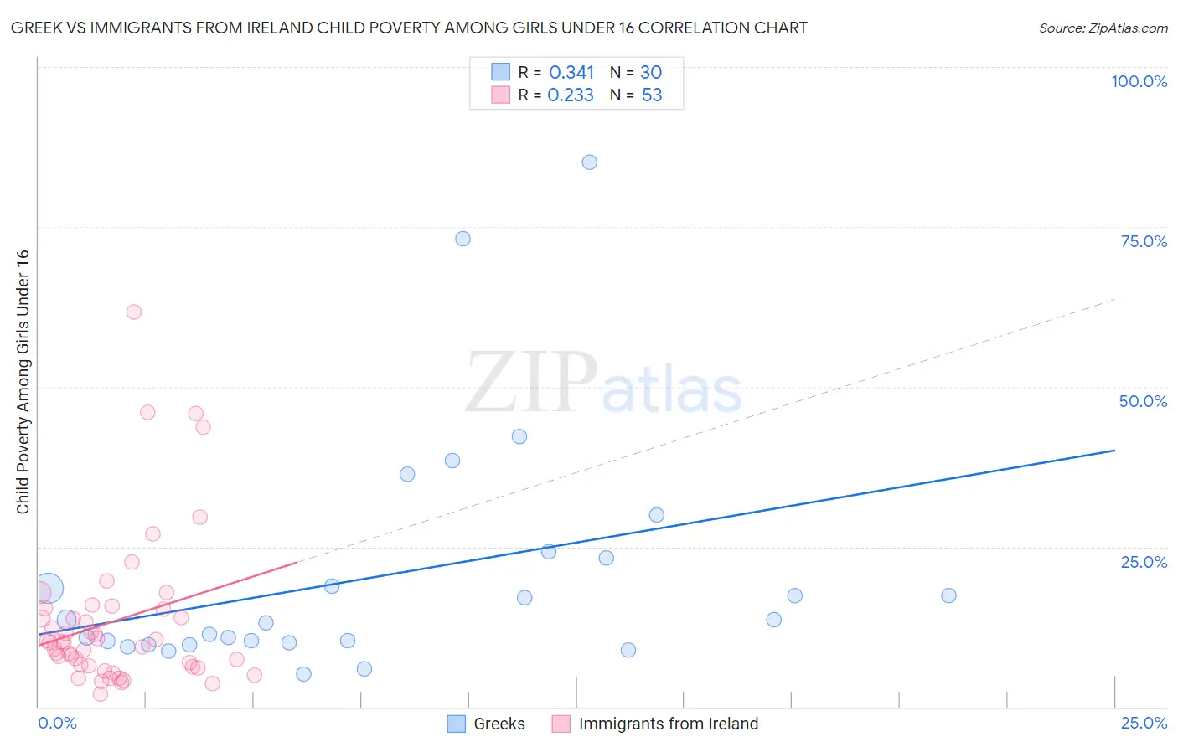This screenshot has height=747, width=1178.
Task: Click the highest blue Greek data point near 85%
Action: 589,162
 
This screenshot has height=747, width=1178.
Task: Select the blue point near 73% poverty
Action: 462,239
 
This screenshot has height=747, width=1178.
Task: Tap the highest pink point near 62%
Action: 133,312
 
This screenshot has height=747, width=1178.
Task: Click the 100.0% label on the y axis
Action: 1139,81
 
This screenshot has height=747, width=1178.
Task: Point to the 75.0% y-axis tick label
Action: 1144,241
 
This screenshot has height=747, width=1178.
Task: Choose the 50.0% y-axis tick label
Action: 1143,401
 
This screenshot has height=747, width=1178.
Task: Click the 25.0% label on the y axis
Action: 1144,561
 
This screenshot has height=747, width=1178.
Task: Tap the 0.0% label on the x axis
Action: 57,723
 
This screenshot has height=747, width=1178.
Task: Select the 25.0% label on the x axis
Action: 1144,723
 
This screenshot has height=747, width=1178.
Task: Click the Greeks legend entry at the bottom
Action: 499,724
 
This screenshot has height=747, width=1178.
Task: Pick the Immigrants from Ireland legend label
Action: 668,724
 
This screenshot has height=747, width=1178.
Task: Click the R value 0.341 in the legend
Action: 571,73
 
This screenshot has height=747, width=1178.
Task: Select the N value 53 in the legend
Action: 652,95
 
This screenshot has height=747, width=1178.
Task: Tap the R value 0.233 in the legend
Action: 571,95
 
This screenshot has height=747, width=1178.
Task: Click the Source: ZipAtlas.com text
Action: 1103,28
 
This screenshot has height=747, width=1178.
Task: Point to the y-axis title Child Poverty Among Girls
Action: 23,381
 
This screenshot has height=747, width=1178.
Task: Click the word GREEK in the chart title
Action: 36,28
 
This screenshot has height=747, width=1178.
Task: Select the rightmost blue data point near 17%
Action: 948,595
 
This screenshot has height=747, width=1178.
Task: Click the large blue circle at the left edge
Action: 48,589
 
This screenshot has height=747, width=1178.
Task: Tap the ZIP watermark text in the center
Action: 531,384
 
